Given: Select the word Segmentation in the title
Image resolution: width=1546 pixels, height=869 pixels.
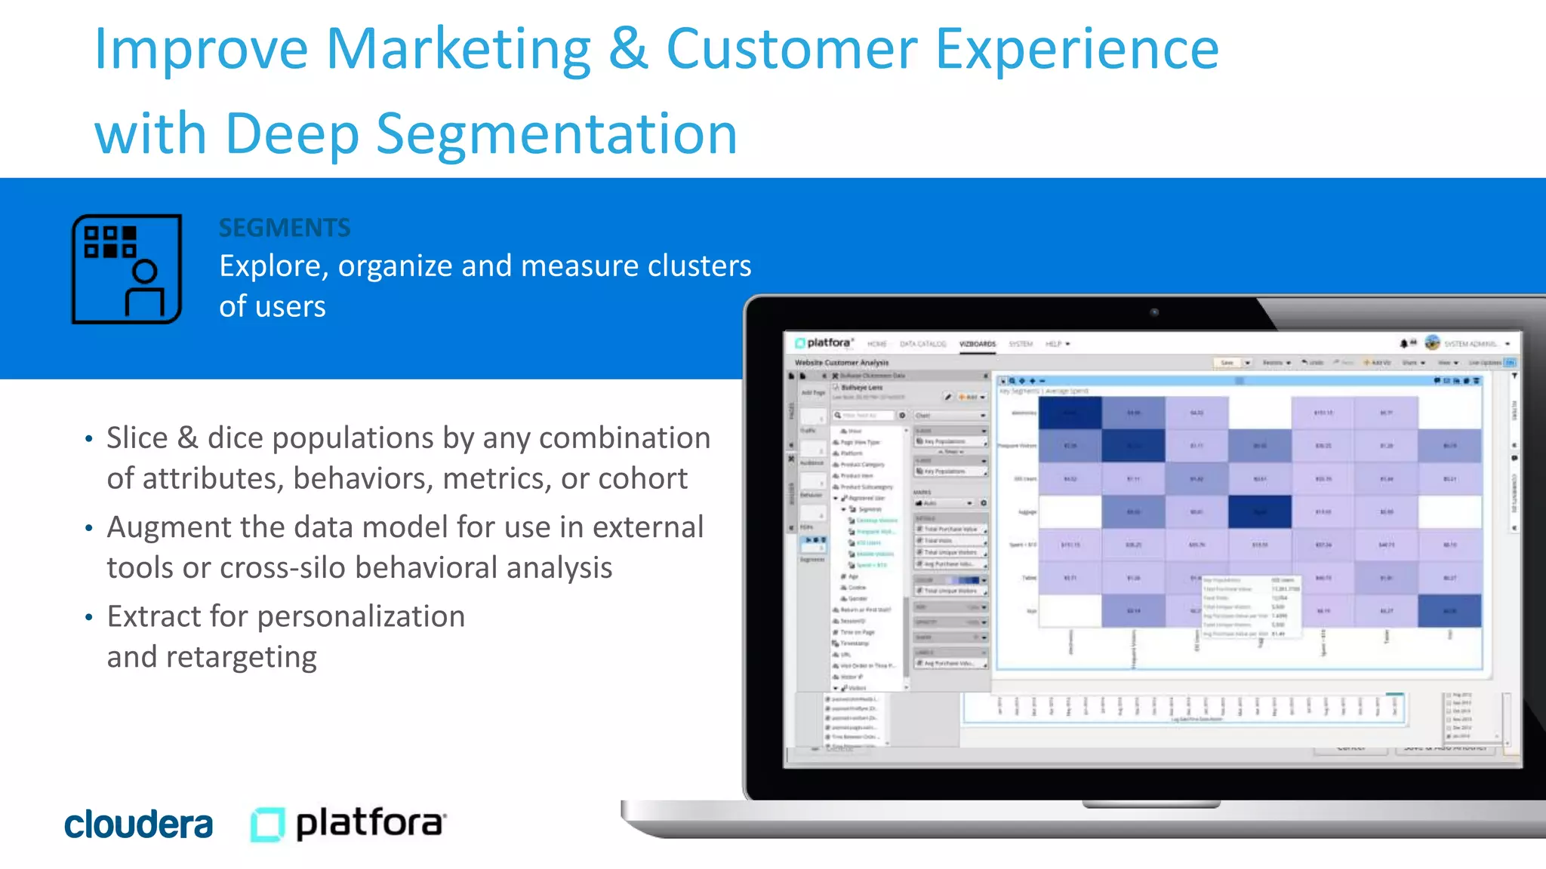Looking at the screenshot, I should click(556, 134).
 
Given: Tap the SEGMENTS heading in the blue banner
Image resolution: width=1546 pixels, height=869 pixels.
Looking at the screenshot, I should click(285, 228).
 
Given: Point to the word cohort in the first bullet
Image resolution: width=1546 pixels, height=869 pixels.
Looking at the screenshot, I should click(642, 479).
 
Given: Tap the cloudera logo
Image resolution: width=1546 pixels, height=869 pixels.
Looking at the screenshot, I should click(138, 824).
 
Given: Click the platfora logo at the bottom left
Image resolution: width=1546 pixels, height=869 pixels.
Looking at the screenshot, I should click(348, 824).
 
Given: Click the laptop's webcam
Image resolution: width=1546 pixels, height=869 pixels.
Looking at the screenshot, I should click(1154, 312).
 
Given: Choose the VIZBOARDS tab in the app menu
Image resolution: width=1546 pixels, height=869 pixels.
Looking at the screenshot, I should click(977, 344).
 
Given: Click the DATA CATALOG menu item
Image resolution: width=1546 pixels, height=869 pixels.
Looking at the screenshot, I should click(922, 344).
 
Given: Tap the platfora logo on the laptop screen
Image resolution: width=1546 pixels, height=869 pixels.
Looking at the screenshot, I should click(824, 343).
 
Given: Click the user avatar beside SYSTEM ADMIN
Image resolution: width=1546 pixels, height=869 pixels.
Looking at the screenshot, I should click(1432, 343).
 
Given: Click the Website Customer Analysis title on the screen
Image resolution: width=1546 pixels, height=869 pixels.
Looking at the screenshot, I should click(842, 363).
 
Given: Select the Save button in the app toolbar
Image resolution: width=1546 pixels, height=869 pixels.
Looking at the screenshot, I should click(1227, 363).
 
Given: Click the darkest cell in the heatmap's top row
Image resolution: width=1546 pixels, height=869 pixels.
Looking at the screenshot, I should click(1070, 413).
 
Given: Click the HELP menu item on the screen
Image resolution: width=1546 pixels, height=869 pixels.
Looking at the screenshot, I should click(1054, 344).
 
